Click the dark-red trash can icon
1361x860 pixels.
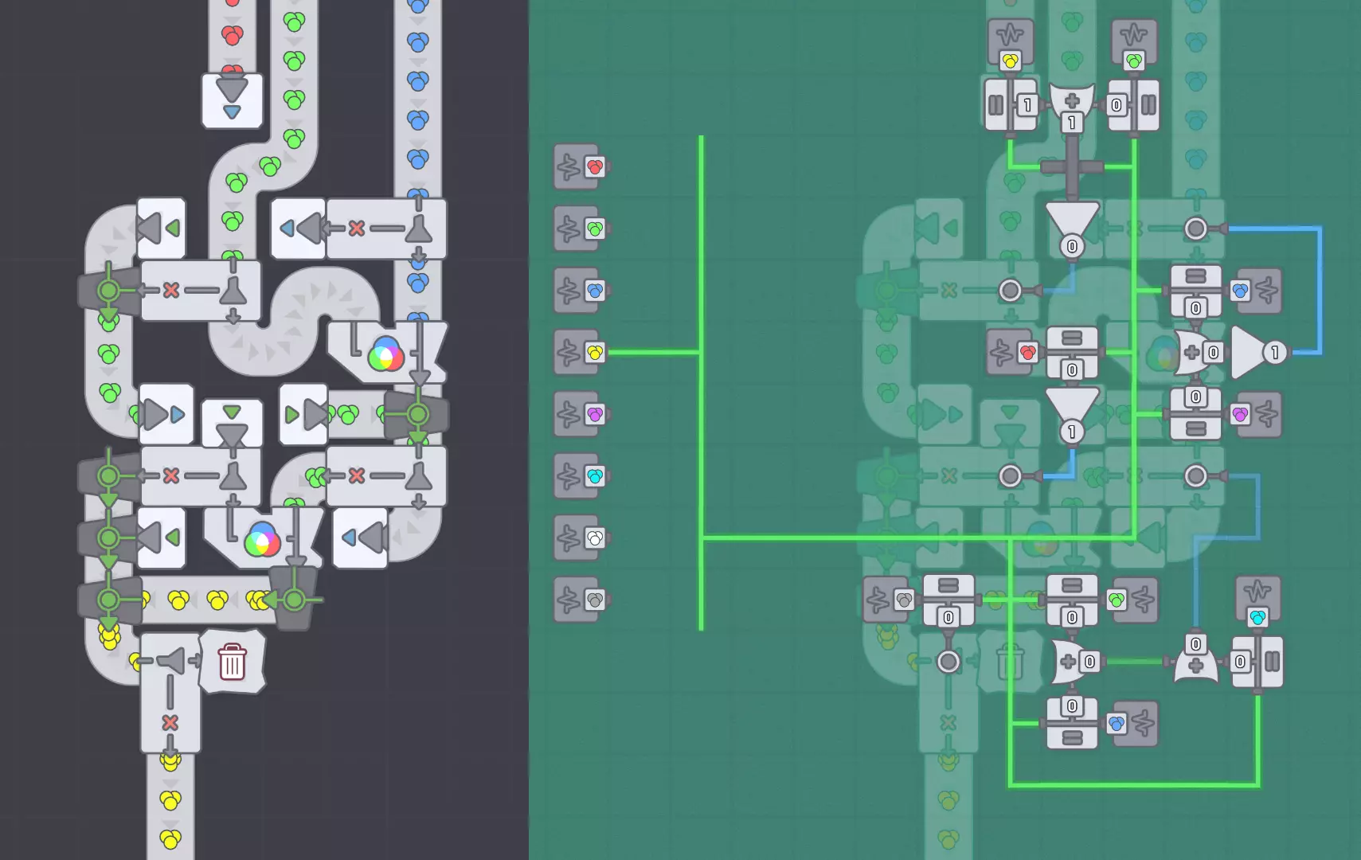coord(232,661)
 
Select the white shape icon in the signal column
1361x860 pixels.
coord(595,537)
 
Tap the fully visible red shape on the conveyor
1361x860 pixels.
coord(232,35)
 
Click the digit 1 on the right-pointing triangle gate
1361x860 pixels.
coord(1275,352)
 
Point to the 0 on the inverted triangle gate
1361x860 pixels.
coord(1072,246)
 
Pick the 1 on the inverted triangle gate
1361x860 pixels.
coord(1072,432)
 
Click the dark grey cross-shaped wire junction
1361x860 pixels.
coord(1072,167)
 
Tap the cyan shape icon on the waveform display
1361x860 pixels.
coord(1257,617)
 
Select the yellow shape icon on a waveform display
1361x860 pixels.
coord(1010,61)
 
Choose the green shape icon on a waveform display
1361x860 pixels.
coord(1134,61)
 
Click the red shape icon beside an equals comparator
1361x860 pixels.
coord(1027,352)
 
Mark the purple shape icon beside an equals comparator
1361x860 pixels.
coord(1240,414)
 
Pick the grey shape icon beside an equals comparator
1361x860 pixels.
coord(903,600)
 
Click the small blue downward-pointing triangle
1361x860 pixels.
coord(232,112)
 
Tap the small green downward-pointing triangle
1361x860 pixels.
coord(232,412)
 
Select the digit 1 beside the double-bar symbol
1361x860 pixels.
coord(1027,105)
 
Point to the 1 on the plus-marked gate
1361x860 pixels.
coord(1072,123)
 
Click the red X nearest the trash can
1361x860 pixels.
coord(170,722)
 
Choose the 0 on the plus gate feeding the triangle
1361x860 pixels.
coord(1213,352)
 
